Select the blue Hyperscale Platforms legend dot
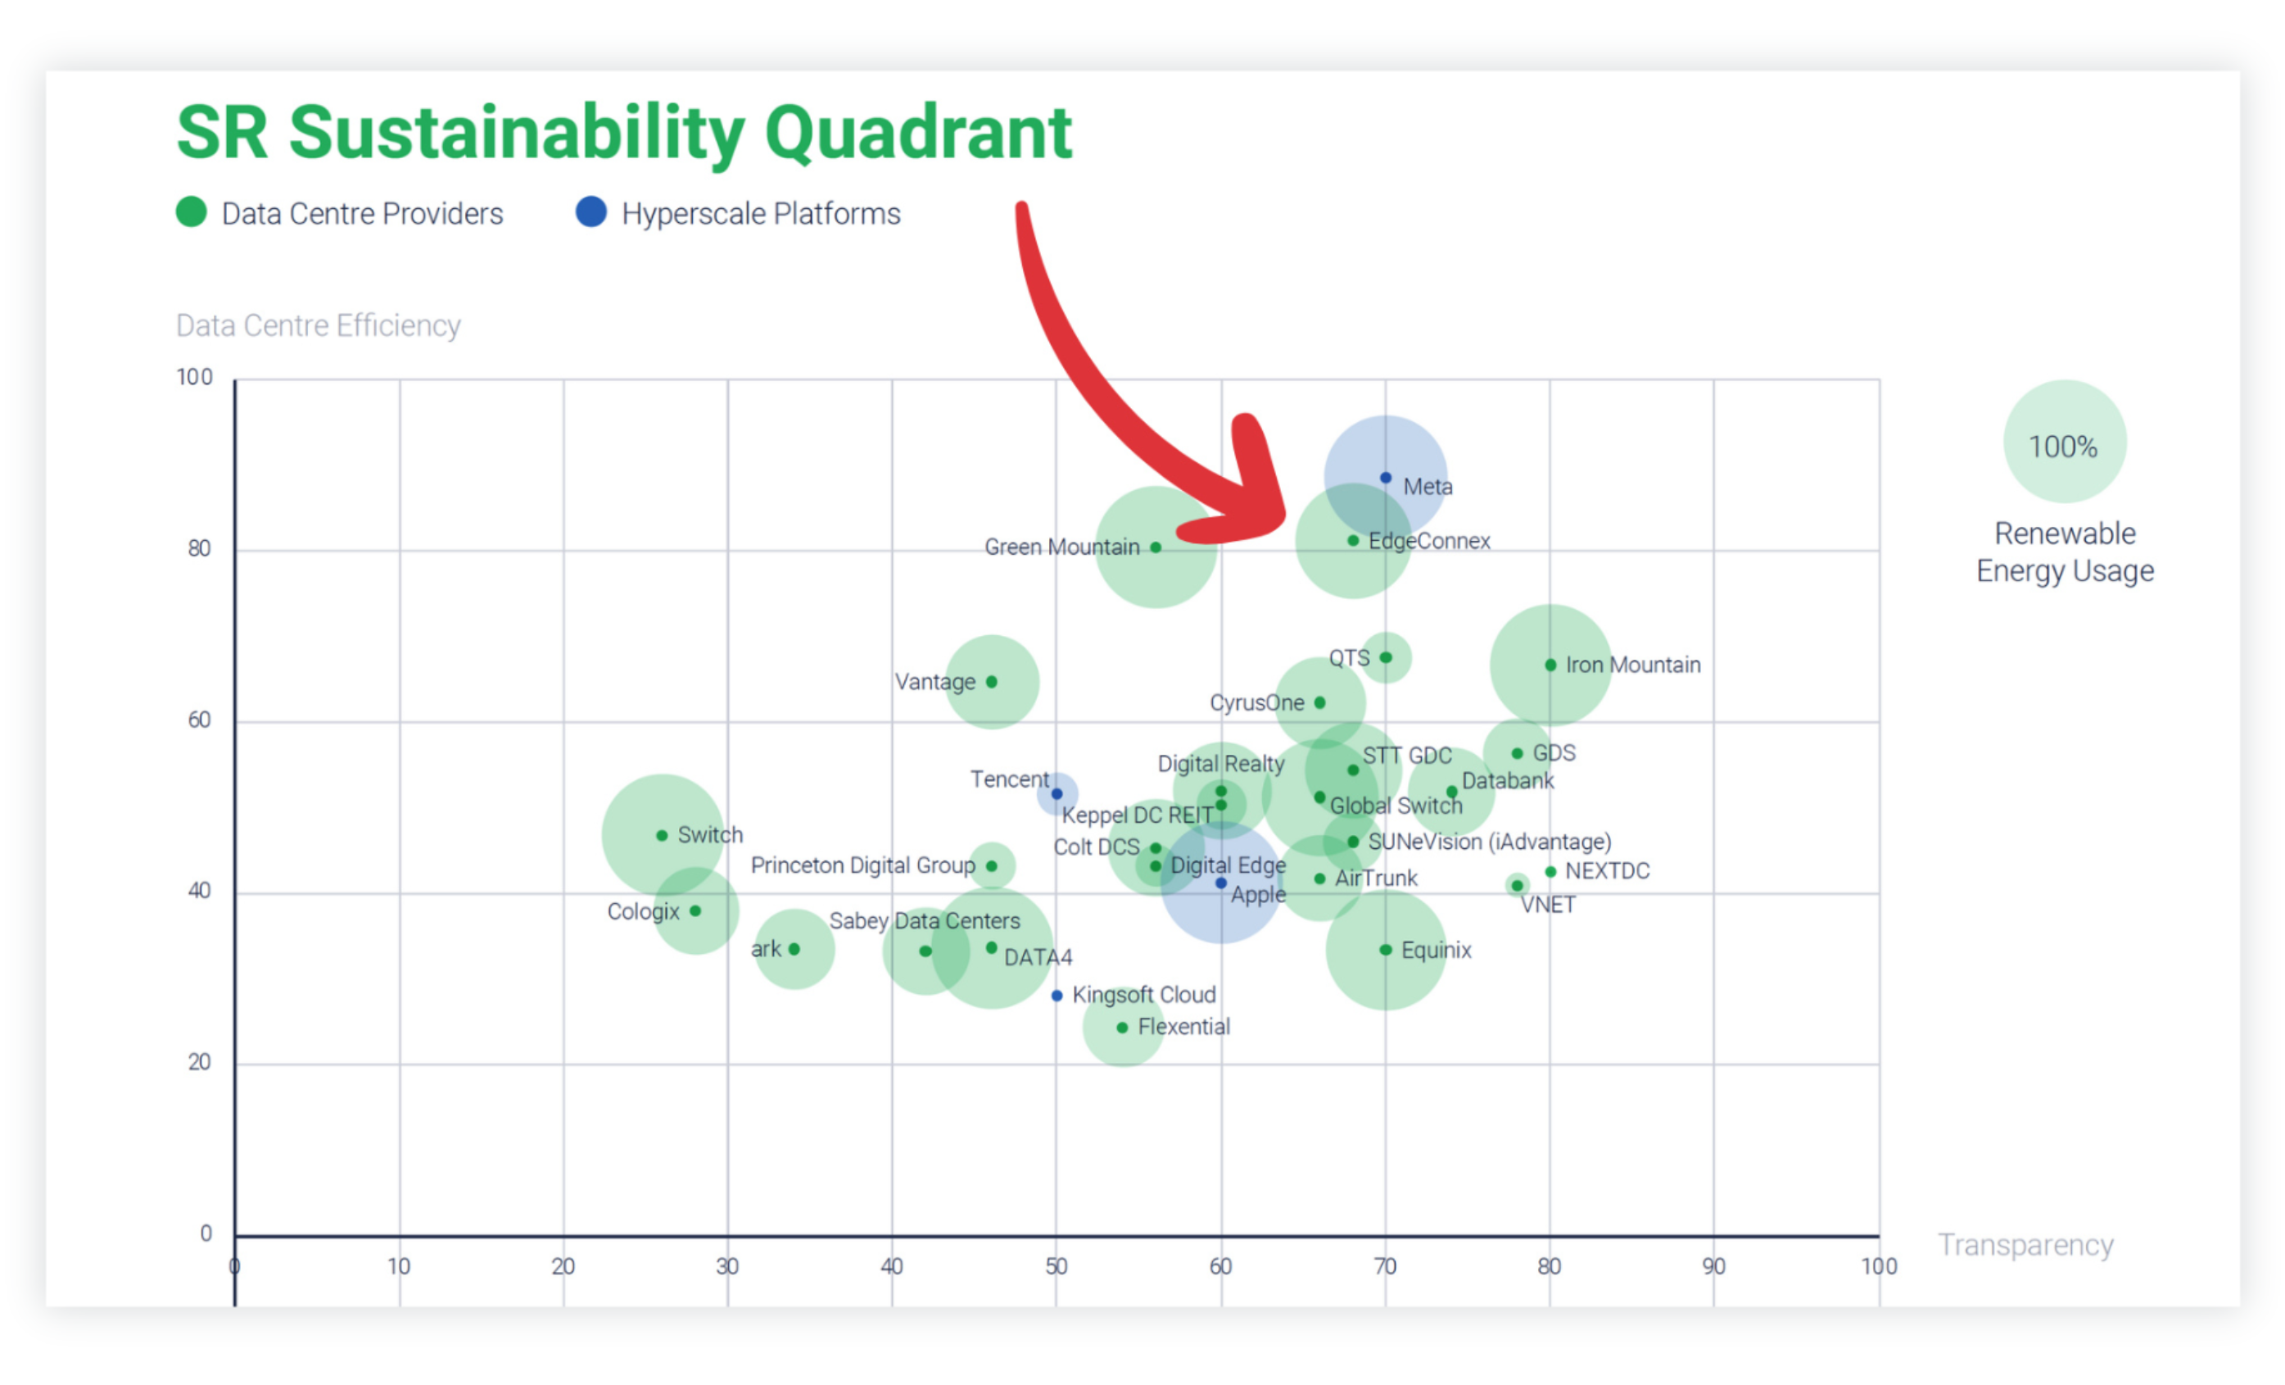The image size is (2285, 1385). pos(590,211)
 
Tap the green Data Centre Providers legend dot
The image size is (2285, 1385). pos(191,211)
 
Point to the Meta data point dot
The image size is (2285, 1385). pos(1386,478)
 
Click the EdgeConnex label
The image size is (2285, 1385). pos(1429,541)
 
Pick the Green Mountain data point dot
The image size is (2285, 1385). pos(1156,547)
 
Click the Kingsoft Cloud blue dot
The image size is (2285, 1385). pos(1057,996)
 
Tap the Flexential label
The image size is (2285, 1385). pos(1183,1027)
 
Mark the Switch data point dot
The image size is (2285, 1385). pos(662,836)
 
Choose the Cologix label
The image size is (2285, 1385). pos(643,911)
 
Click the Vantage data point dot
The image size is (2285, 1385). pos(991,682)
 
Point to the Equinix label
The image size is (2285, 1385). pos(1436,950)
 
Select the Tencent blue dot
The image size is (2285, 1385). pos(1057,794)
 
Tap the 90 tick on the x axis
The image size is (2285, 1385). pos(1713,1266)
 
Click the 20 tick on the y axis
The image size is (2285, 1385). pos(199,1062)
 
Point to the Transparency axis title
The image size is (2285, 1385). pos(2025,1244)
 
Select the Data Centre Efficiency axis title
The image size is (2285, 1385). pos(318,325)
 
